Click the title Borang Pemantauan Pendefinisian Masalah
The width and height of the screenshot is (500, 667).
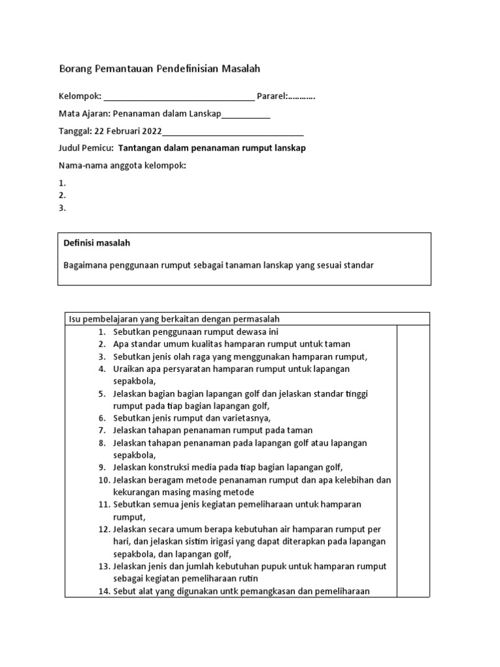[159, 68]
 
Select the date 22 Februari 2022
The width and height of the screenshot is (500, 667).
[124, 131]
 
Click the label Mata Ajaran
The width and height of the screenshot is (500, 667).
[84, 114]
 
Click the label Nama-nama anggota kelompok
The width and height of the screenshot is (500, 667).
[122, 165]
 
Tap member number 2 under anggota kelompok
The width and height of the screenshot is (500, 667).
[62, 195]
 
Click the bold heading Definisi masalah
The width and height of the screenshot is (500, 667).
[96, 243]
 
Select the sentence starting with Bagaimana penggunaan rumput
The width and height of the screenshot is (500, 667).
[218, 265]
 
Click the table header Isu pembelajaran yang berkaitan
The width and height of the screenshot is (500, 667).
[174, 319]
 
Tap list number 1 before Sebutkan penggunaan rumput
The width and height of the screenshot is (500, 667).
[102, 332]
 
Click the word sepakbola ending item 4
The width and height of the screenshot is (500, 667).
[133, 381]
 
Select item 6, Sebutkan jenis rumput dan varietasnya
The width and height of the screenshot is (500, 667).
[191, 418]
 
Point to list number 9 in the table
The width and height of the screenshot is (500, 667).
[102, 467]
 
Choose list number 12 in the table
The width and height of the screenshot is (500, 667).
[104, 529]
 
